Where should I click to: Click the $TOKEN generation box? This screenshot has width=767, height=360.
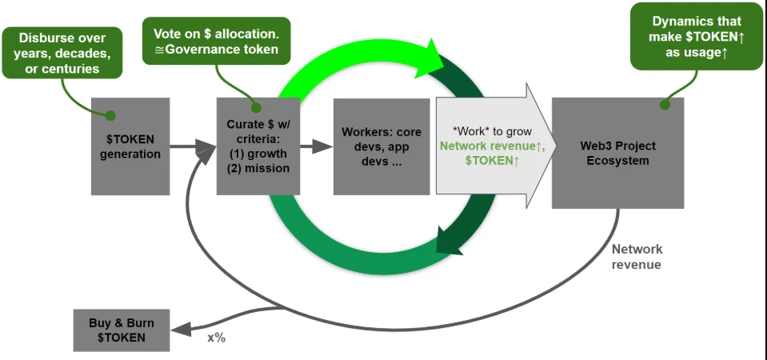[x=130, y=146]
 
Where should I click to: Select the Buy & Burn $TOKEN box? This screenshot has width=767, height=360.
[x=122, y=330]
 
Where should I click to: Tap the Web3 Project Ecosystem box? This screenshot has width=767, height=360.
[x=617, y=154]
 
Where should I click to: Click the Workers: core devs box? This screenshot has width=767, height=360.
[x=381, y=146]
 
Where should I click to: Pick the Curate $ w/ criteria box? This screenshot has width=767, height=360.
[x=257, y=146]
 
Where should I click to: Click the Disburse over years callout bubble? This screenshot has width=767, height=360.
[x=62, y=52]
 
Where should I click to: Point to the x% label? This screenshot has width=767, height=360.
[x=217, y=338]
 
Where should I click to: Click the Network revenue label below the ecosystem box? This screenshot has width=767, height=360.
[x=637, y=257]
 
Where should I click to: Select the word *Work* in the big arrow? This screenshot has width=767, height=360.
[x=460, y=131]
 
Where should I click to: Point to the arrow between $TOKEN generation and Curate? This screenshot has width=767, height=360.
[x=192, y=146]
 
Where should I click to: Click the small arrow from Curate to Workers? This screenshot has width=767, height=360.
[x=321, y=146]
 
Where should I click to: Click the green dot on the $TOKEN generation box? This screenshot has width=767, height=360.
[x=111, y=116]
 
